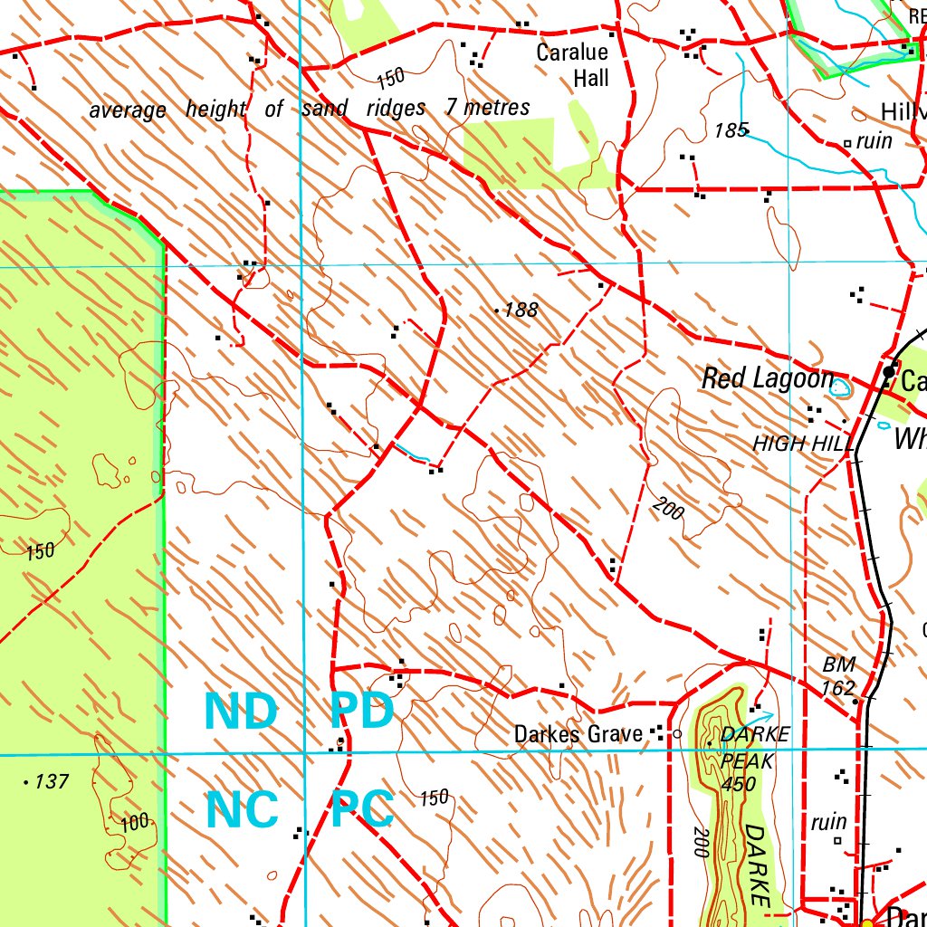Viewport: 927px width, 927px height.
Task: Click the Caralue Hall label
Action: pyautogui.click(x=572, y=65)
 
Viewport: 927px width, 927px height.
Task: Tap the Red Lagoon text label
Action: pyautogui.click(x=767, y=379)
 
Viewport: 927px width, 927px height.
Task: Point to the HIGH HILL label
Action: pyautogui.click(x=803, y=444)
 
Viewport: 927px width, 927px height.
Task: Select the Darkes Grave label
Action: pyautogui.click(x=578, y=734)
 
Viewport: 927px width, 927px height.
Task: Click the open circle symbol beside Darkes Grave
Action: pyautogui.click(x=677, y=734)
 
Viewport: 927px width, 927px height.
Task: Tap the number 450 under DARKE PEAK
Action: pyautogui.click(x=740, y=784)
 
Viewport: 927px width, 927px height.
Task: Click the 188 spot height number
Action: pyautogui.click(x=521, y=311)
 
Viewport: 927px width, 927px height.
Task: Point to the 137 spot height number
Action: pyautogui.click(x=51, y=781)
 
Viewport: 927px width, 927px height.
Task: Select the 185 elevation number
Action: pyautogui.click(x=730, y=131)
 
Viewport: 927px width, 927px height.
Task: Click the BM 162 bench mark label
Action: pyautogui.click(x=838, y=676)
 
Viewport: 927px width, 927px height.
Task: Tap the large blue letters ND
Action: pyautogui.click(x=240, y=712)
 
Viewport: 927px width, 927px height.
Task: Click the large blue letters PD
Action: pyautogui.click(x=362, y=712)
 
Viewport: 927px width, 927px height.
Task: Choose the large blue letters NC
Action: pyautogui.click(x=242, y=809)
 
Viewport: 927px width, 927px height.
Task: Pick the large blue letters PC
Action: pyautogui.click(x=362, y=809)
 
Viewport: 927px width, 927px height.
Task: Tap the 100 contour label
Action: pyautogui.click(x=134, y=823)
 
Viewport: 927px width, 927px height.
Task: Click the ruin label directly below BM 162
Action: pyautogui.click(x=828, y=822)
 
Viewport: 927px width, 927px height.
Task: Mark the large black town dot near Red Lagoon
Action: pyautogui.click(x=889, y=372)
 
